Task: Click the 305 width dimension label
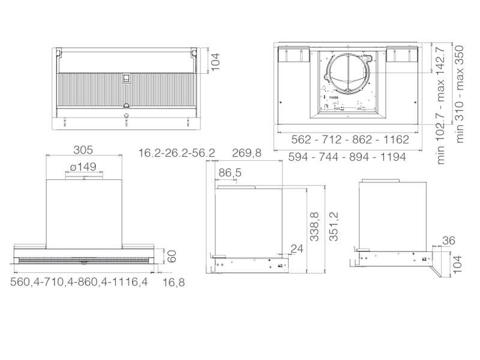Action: [83, 150]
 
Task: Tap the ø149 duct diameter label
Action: [83, 167]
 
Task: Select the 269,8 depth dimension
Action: [247, 153]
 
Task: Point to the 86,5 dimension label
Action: [230, 173]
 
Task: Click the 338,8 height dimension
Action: [314, 227]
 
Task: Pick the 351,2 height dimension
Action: [334, 227]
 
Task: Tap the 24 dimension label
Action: [296, 249]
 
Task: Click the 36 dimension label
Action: [449, 241]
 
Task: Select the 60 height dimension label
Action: [172, 257]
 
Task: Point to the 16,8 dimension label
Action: [173, 282]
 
